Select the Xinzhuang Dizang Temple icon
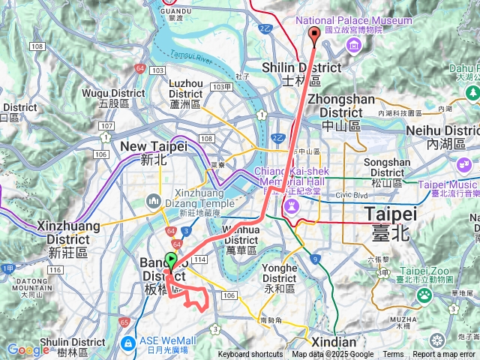point(154,200)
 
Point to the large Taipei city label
point(387,223)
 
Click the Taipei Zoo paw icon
point(424,294)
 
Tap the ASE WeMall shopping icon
point(128,343)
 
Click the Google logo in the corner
point(28,350)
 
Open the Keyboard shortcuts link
point(250,355)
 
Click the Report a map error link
point(444,355)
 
